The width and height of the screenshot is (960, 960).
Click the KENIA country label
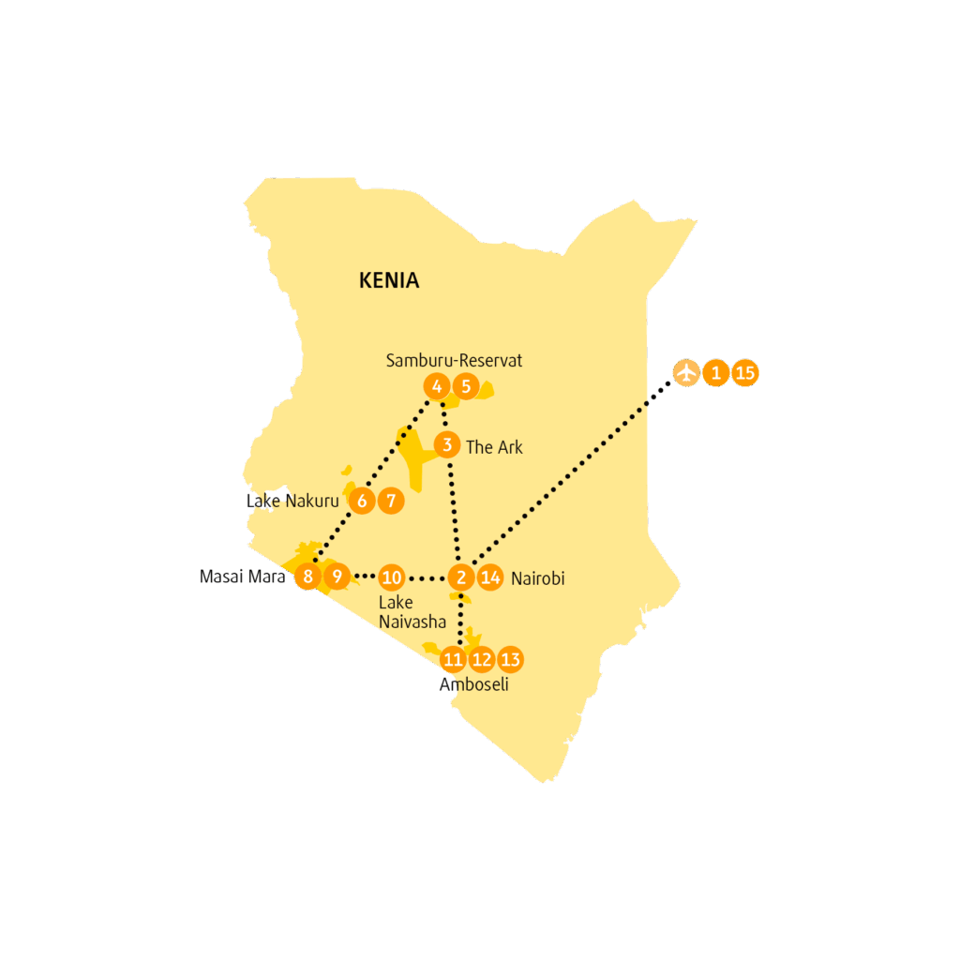pos(389,280)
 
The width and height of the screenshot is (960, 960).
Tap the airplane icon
pos(686,372)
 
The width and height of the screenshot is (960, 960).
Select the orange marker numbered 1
pos(715,372)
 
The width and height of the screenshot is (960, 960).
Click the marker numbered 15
pos(745,372)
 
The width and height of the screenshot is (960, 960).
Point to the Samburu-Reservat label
pos(454,361)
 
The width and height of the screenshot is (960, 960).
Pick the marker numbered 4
pos(437,386)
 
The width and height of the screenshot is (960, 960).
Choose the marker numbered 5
pos(466,386)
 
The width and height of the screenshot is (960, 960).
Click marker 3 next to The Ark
pos(447,444)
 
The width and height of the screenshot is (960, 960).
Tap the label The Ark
pos(494,447)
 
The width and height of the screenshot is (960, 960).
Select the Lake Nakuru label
pos(292,501)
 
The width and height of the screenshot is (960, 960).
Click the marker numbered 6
pos(362,501)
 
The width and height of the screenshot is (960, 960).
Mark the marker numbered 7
pos(391,501)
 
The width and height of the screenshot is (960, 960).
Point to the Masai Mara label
pos(243,577)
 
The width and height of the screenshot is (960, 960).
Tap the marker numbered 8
pos(307,577)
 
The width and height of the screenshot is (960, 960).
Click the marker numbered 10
pos(391,577)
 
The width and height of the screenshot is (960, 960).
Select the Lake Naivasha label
pos(412,611)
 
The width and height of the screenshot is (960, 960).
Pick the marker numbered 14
pos(490,577)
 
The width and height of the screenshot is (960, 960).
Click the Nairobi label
pos(537,578)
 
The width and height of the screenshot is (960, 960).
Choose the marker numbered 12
pos(482,659)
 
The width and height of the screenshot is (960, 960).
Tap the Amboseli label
pos(473,683)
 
